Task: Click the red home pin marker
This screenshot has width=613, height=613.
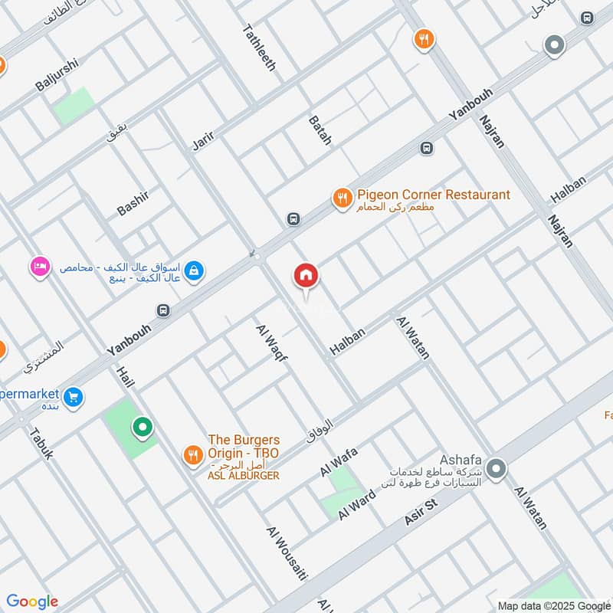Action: point(306,277)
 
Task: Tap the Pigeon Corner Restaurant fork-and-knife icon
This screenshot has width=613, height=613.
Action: point(342,198)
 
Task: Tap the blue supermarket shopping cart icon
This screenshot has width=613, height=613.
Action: point(74,397)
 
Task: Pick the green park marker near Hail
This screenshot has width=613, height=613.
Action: point(142,427)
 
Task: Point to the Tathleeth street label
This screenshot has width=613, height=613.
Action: point(259,48)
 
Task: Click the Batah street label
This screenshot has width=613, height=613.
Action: point(320,130)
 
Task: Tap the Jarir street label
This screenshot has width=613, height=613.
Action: point(202,135)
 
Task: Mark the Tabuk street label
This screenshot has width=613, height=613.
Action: point(41,442)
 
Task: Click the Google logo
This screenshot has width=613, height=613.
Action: point(32,602)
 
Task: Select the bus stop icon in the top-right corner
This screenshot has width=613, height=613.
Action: point(588,18)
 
